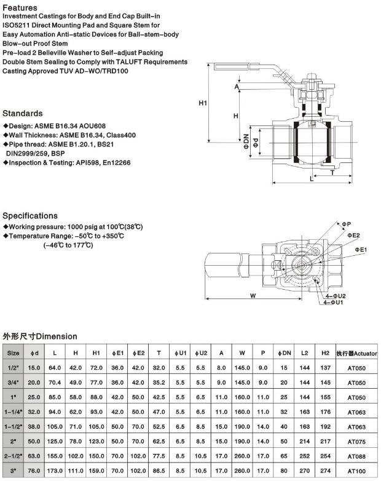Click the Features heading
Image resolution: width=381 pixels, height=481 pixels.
point(20,7)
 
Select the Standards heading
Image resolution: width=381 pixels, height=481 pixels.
point(23,114)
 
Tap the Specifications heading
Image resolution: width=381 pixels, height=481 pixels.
point(30,216)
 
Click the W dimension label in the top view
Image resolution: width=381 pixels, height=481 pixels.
point(253,295)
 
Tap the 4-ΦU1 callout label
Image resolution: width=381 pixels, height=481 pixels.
point(334,302)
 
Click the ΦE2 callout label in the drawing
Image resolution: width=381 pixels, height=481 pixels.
point(353,235)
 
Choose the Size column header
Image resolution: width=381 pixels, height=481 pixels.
point(13,353)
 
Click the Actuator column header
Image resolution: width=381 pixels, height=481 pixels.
point(356,353)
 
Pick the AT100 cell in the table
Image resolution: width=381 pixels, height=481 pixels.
point(356,471)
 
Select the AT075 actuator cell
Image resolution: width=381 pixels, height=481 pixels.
point(356,441)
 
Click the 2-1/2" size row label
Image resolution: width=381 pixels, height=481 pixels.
point(13,456)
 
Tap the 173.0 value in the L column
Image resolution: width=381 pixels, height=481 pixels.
point(55,471)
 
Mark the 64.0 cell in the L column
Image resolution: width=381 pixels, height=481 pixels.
point(55,367)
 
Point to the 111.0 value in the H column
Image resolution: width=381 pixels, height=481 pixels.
point(76,471)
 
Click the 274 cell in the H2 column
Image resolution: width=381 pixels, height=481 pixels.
point(325,471)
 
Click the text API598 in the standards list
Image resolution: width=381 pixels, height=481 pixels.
point(87,163)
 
